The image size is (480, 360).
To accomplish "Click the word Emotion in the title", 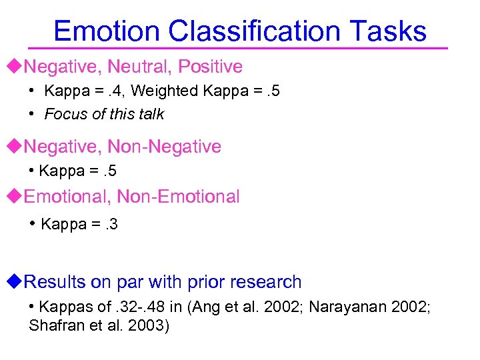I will coord(107,31).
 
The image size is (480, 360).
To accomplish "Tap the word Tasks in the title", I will coord(387,31).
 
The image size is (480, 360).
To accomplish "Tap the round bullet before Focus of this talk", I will coord(32,113).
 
